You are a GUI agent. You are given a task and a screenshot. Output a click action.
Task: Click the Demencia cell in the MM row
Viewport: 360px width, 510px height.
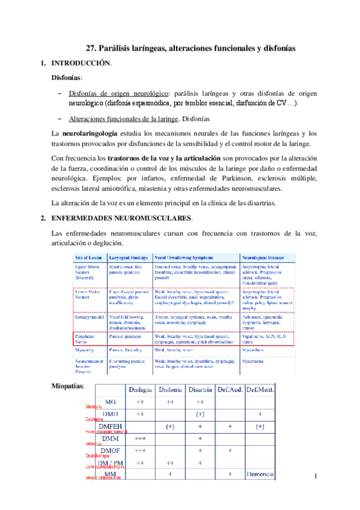pyautogui.click(x=260, y=475)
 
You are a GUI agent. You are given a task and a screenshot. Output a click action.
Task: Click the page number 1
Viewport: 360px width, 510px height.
pyautogui.click(x=316, y=477)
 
